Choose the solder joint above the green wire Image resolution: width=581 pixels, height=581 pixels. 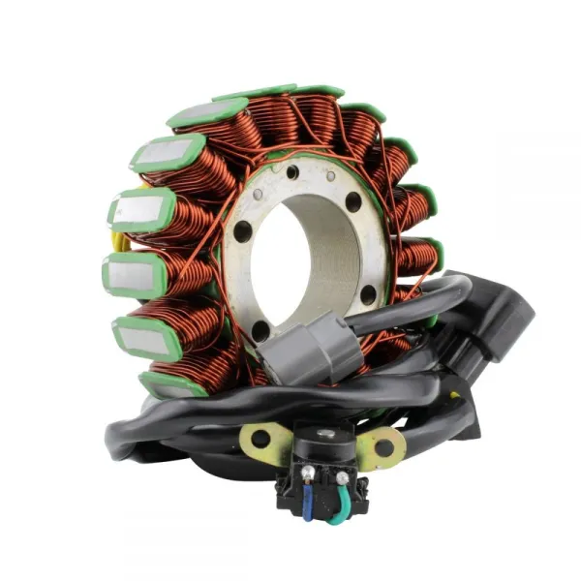pyautogui.click(x=342, y=477)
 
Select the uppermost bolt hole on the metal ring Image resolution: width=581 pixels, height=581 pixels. pyautogui.click(x=291, y=172)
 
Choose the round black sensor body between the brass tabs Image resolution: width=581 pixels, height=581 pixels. pyautogui.click(x=322, y=448)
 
